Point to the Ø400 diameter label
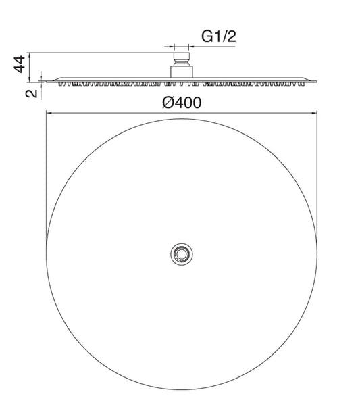(180, 102)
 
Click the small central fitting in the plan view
(180, 253)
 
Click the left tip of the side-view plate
(47, 82)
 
